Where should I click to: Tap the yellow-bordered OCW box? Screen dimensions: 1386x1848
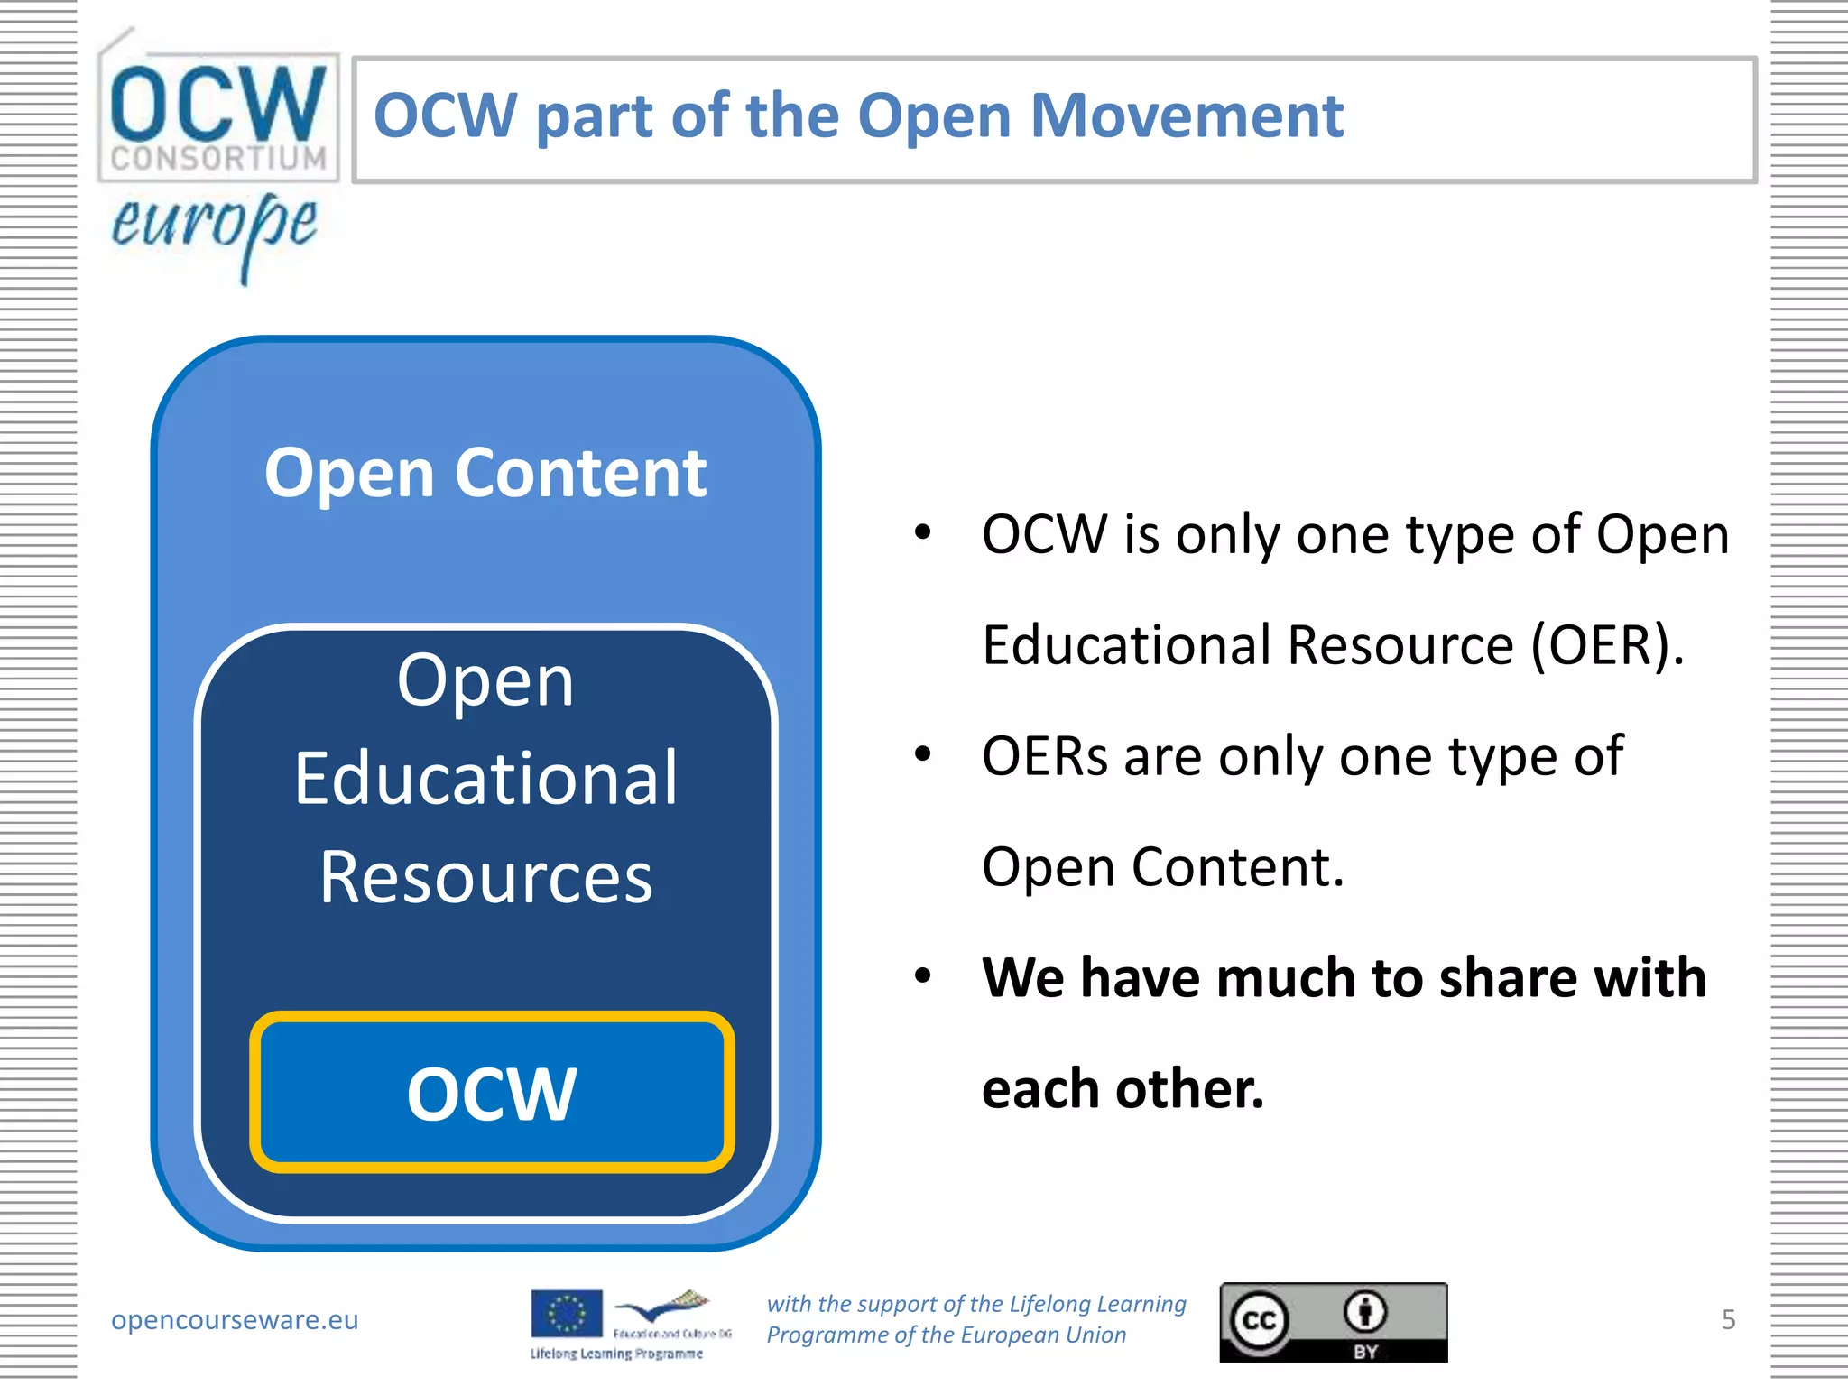tap(492, 1092)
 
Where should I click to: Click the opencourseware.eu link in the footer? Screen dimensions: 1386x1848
tap(235, 1319)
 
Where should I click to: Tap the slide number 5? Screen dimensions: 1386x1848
tap(1728, 1319)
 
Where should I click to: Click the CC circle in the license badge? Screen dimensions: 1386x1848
tap(1260, 1321)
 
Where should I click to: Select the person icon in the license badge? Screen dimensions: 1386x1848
tap(1365, 1311)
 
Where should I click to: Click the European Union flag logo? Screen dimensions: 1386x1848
tap(567, 1313)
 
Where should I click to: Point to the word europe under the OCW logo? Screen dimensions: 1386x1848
tap(215, 226)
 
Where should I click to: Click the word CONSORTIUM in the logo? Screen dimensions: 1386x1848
tap(218, 159)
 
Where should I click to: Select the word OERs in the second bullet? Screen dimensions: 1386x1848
tap(1045, 756)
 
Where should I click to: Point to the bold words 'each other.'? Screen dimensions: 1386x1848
tap(1123, 1088)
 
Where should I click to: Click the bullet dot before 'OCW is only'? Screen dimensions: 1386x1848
tap(922, 532)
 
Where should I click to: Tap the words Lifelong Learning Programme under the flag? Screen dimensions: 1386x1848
tap(616, 1354)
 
